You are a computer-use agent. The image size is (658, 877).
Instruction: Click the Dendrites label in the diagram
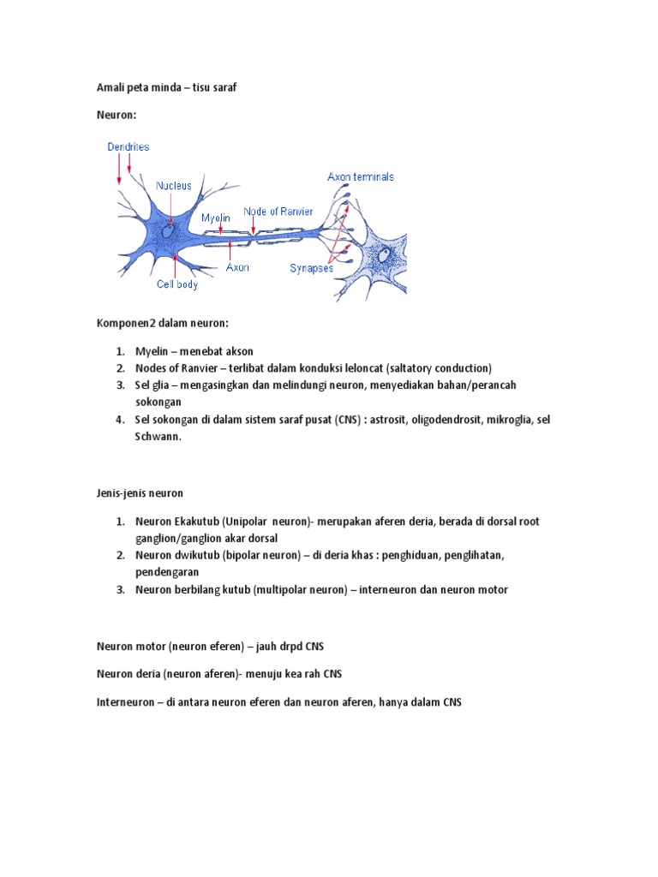click(129, 146)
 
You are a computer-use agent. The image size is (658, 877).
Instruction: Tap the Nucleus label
click(179, 184)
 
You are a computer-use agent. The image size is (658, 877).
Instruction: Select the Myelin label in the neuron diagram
click(216, 218)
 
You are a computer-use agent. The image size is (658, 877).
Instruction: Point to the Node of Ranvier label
click(278, 211)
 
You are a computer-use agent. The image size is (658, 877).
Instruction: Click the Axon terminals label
click(361, 176)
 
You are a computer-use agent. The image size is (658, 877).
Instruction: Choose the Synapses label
click(311, 267)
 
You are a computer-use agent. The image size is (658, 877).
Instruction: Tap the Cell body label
click(176, 284)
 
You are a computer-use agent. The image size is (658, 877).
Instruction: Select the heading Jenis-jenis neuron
click(139, 493)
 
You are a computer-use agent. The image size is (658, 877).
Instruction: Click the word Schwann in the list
click(158, 436)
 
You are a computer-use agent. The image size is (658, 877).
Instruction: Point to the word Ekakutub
click(197, 521)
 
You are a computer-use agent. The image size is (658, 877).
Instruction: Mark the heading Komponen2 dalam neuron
click(162, 323)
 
